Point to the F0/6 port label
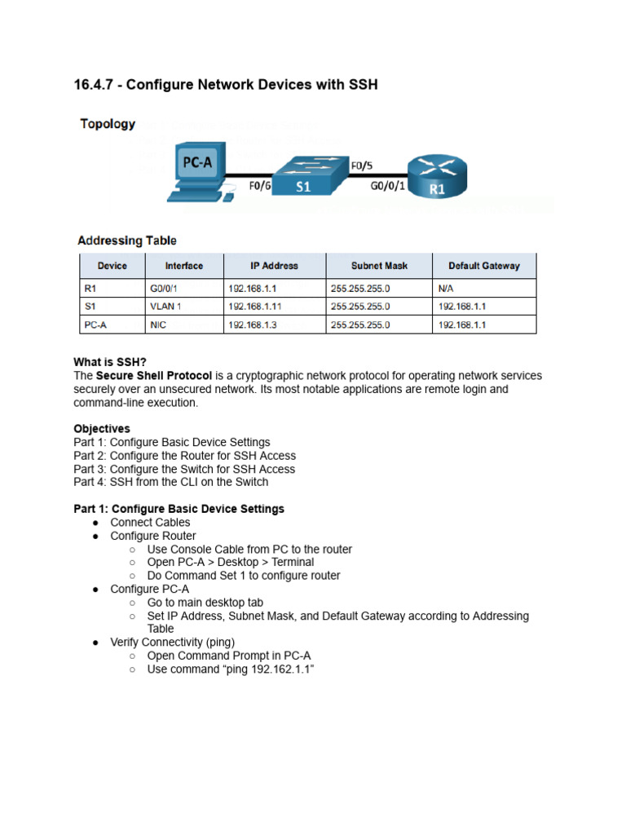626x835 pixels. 260,186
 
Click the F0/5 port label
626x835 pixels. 362,166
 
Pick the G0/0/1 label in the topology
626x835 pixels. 388,186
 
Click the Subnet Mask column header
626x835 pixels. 379,266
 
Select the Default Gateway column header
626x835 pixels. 483,266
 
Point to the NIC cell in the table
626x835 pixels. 158,325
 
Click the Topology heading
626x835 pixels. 108,125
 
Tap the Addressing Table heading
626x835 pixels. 126,241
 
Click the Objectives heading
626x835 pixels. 102,429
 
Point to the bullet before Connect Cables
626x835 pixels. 95,523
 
